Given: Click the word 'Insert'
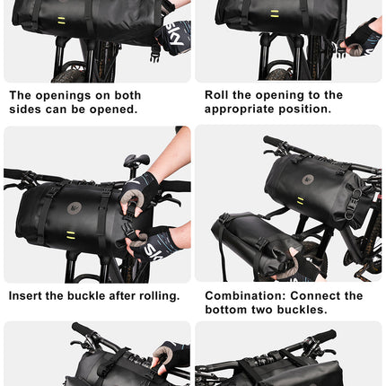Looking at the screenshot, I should (x=28, y=295).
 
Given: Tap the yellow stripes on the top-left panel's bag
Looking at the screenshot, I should (x=61, y=20).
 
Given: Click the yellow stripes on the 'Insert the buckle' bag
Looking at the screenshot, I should (x=70, y=236).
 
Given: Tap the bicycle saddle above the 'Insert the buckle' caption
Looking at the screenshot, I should (x=136, y=161).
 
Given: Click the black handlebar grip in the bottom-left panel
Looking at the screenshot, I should (x=83, y=329).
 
